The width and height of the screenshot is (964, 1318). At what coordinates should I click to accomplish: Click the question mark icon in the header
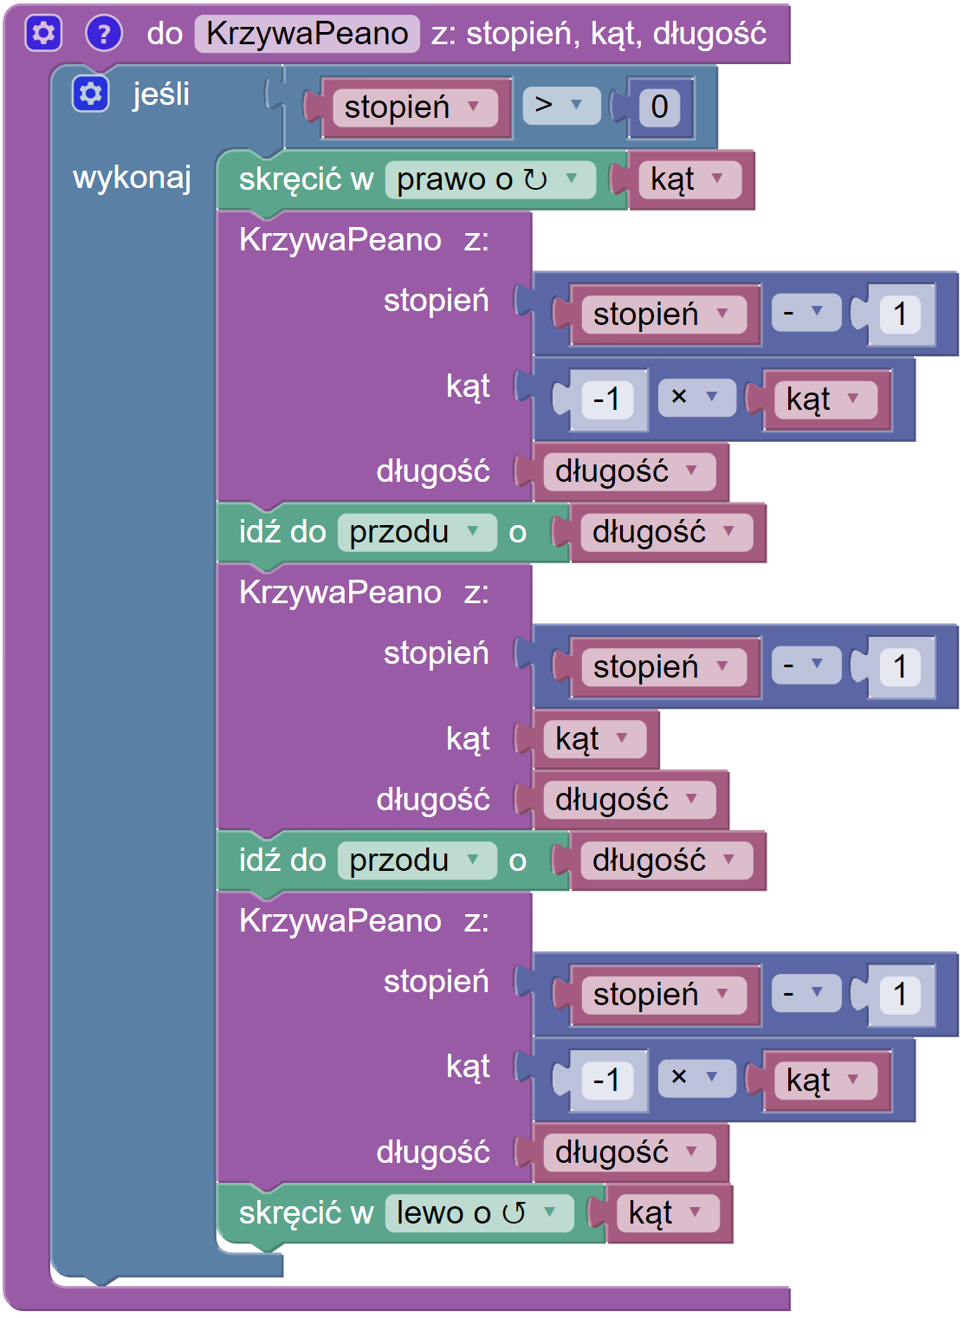[x=104, y=34]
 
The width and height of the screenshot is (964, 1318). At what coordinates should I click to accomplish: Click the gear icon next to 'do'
[x=43, y=34]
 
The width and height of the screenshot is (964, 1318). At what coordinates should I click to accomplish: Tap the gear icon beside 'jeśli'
[x=91, y=94]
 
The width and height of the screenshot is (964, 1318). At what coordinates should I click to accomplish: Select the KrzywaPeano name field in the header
[x=307, y=34]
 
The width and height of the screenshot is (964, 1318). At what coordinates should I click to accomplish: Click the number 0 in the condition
[x=659, y=107]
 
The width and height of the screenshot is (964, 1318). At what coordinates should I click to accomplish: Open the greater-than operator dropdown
[x=560, y=106]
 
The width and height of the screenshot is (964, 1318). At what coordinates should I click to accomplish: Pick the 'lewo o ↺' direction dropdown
[x=477, y=1213]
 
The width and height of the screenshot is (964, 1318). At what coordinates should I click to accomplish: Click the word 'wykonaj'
[x=132, y=178]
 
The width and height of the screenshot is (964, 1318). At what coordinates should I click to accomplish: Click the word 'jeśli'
[x=161, y=94]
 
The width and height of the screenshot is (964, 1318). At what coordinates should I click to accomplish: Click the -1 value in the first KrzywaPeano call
[x=606, y=399]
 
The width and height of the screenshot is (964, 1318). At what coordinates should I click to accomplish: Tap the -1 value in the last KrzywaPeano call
[x=606, y=1081]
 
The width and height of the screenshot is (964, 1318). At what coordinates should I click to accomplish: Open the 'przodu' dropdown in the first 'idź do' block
[x=415, y=532]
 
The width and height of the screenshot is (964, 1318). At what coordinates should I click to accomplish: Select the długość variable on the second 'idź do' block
[x=663, y=860]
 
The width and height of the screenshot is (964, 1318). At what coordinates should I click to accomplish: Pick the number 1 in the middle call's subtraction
[x=900, y=667]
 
